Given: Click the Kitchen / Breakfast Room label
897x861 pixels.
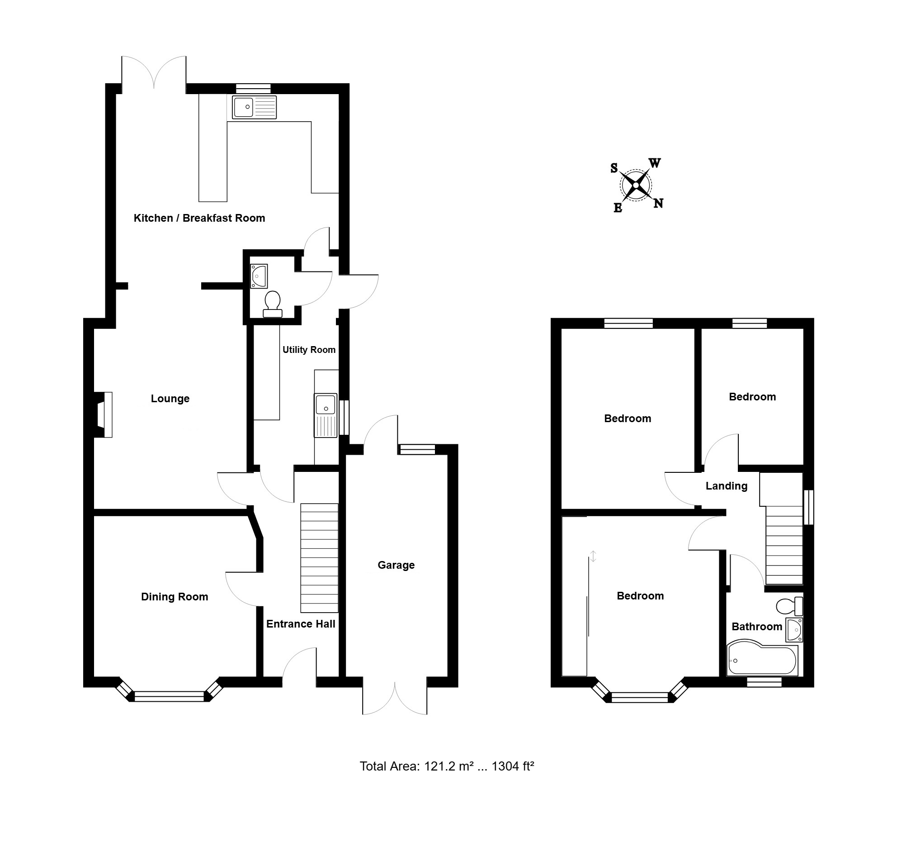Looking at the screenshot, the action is coord(199,218).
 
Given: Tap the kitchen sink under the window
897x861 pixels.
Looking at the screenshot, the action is coord(255,107).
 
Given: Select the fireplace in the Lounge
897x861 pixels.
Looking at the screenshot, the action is coord(103,414).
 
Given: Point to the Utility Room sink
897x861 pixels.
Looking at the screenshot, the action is coord(326,415).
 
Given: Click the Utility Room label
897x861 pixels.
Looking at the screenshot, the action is coord(309,350).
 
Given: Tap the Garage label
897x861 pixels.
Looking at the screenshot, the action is coord(396,565).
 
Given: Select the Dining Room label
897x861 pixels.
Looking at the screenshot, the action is coord(175,597).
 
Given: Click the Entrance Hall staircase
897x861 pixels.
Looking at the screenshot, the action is coord(320,558).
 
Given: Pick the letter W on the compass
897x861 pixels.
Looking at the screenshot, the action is coord(655,163).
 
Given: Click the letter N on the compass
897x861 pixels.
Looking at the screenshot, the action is coord(659,203).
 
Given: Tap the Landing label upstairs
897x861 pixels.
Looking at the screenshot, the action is coord(726,486).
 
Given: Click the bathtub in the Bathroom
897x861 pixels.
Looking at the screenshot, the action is coord(762,660).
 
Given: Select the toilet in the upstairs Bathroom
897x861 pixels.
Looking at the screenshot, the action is coord(789,606).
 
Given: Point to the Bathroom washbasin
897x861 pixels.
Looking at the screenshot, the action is coord(794,630).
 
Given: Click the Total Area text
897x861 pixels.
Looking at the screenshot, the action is coord(447,766).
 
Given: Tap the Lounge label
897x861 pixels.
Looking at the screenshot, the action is coord(170,399).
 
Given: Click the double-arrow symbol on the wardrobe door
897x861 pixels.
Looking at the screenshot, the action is coord(593,556).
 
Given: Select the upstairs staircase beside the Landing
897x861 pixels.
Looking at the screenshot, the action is coord(784,545).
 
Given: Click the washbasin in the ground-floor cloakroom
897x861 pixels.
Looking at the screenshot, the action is coord(259,276).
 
